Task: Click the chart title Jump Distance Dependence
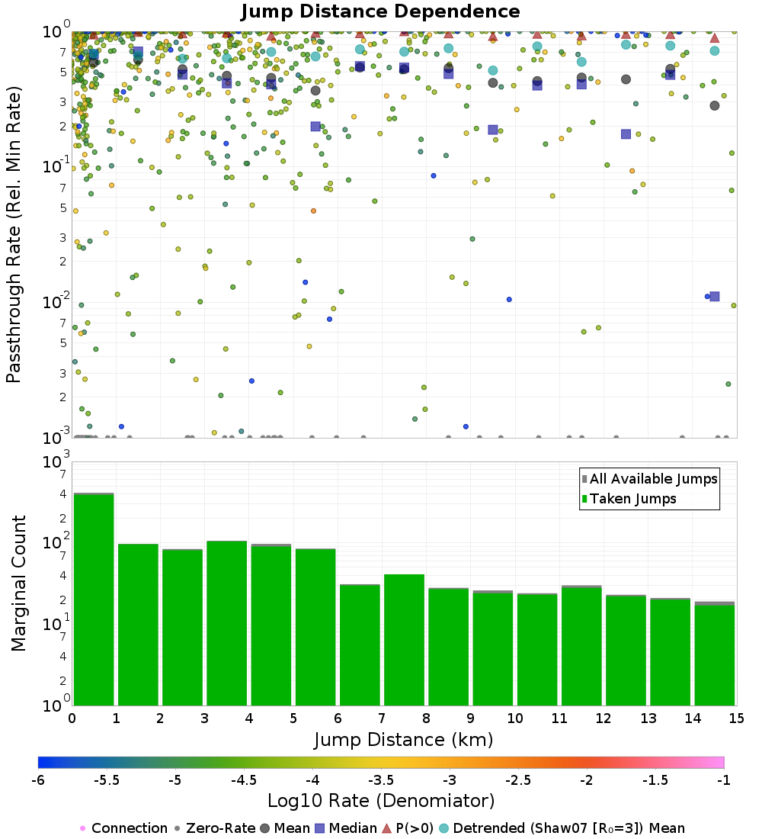[x=380, y=12]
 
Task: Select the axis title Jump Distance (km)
[x=403, y=739]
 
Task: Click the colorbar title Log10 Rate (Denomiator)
[x=381, y=801]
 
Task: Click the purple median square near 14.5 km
[x=715, y=296]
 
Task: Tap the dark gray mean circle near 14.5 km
[x=715, y=105]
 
